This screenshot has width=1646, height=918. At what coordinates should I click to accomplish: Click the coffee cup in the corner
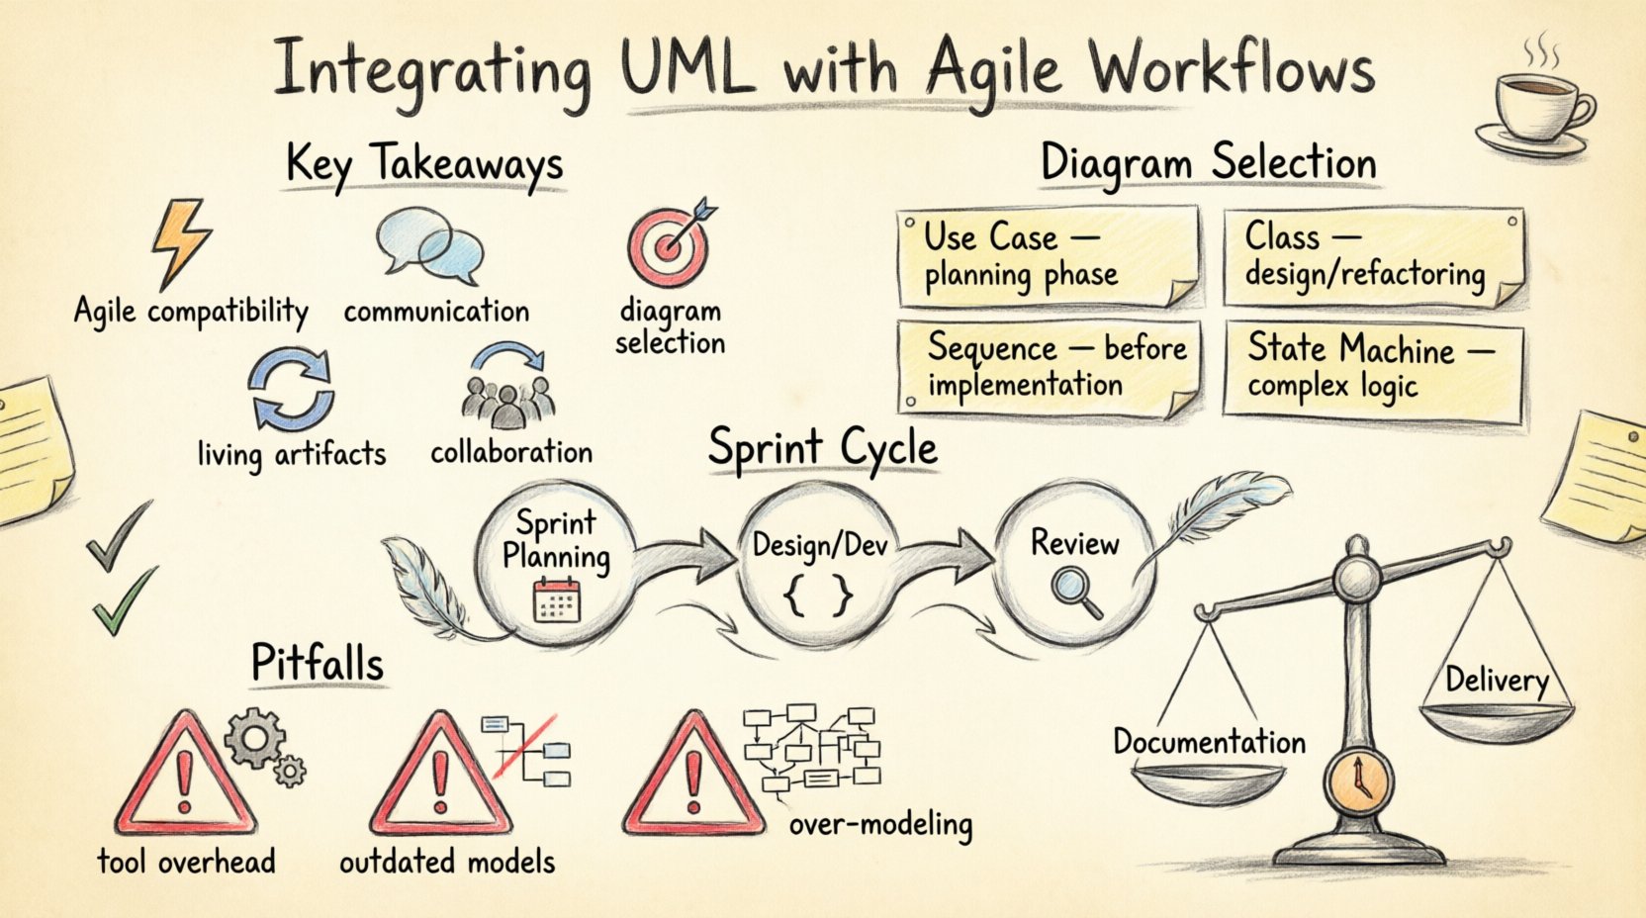[1537, 106]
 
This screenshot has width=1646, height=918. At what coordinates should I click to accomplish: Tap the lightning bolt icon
[181, 240]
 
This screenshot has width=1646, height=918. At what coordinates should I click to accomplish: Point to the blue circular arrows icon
[291, 392]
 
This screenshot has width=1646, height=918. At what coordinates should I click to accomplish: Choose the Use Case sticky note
[1049, 257]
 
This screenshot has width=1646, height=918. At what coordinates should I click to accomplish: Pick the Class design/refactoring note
[1372, 257]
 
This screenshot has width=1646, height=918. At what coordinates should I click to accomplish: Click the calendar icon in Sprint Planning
[557, 600]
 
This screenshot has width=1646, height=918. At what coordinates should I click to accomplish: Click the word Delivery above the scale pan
[1496, 680]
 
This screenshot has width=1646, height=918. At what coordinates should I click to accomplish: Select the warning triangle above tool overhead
[184, 778]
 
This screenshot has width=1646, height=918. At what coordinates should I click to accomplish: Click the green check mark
[123, 601]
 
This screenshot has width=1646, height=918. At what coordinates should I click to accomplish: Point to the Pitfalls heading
[317, 663]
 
